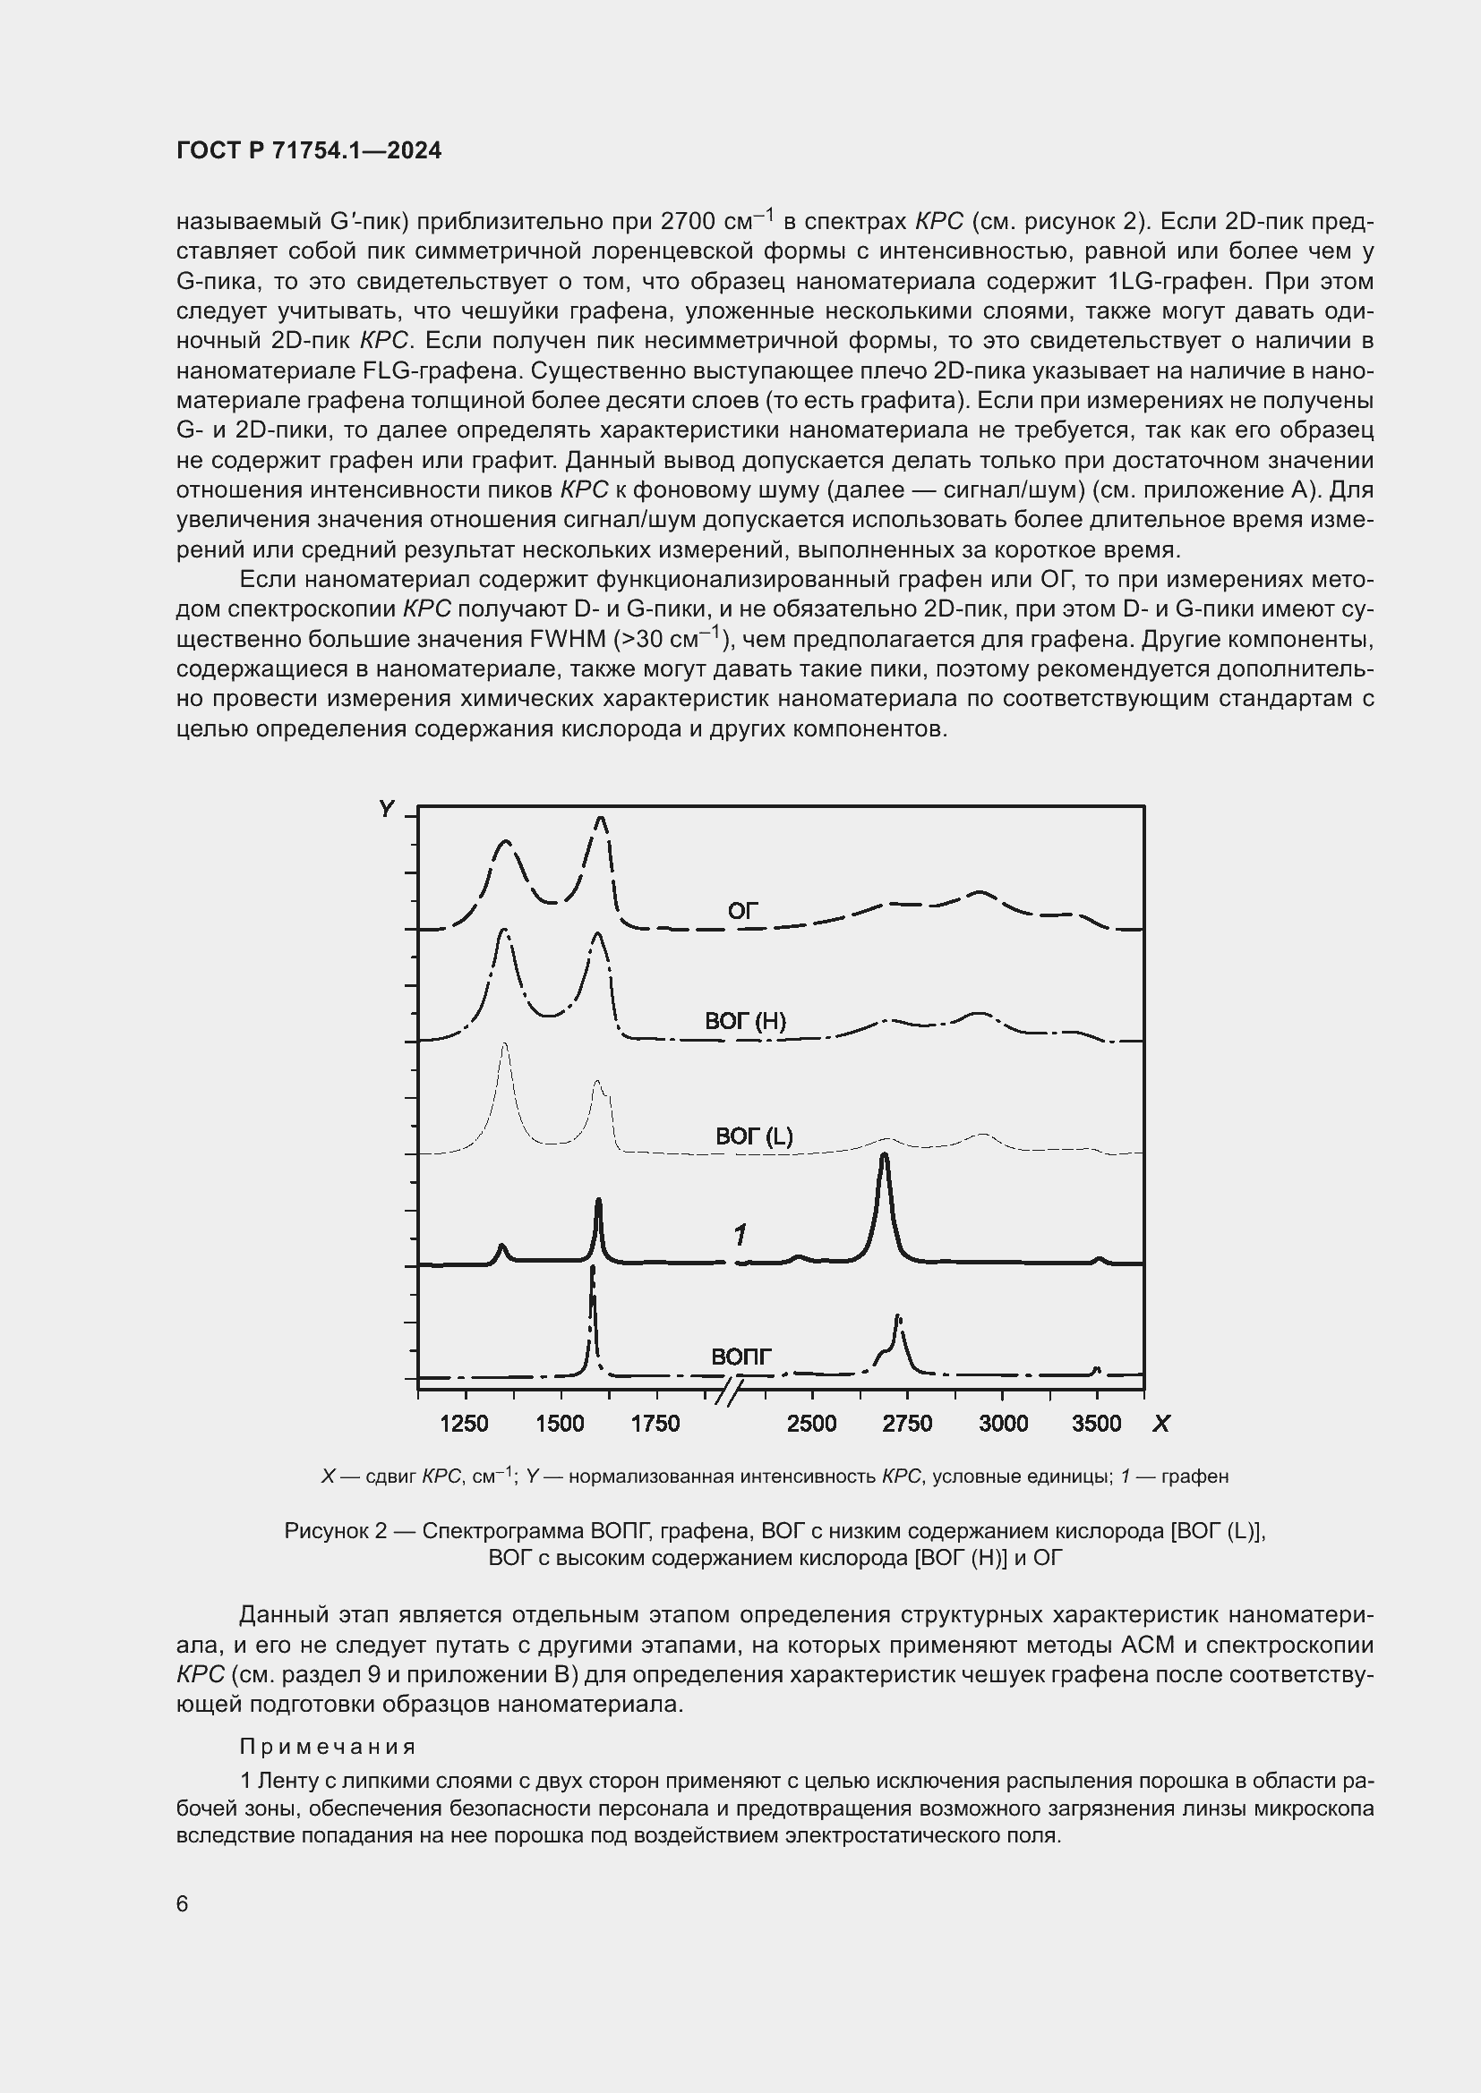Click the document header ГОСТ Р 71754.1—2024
click(x=308, y=151)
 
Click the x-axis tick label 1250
click(x=464, y=1424)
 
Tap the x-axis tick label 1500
click(x=560, y=1424)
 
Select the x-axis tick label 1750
click(x=655, y=1424)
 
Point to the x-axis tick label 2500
click(x=810, y=1424)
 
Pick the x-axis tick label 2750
click(x=906, y=1424)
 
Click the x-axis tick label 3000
click(x=1002, y=1424)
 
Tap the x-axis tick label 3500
click(x=1096, y=1424)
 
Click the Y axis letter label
click(x=387, y=810)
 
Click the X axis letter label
click(x=1161, y=1424)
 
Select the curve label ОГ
click(x=742, y=911)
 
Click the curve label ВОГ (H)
click(x=745, y=1021)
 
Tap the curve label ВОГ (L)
click(x=753, y=1136)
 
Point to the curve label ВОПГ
click(x=740, y=1357)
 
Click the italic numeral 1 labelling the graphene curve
click(x=740, y=1235)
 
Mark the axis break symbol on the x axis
click(x=730, y=1392)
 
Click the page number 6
click(x=183, y=1904)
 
